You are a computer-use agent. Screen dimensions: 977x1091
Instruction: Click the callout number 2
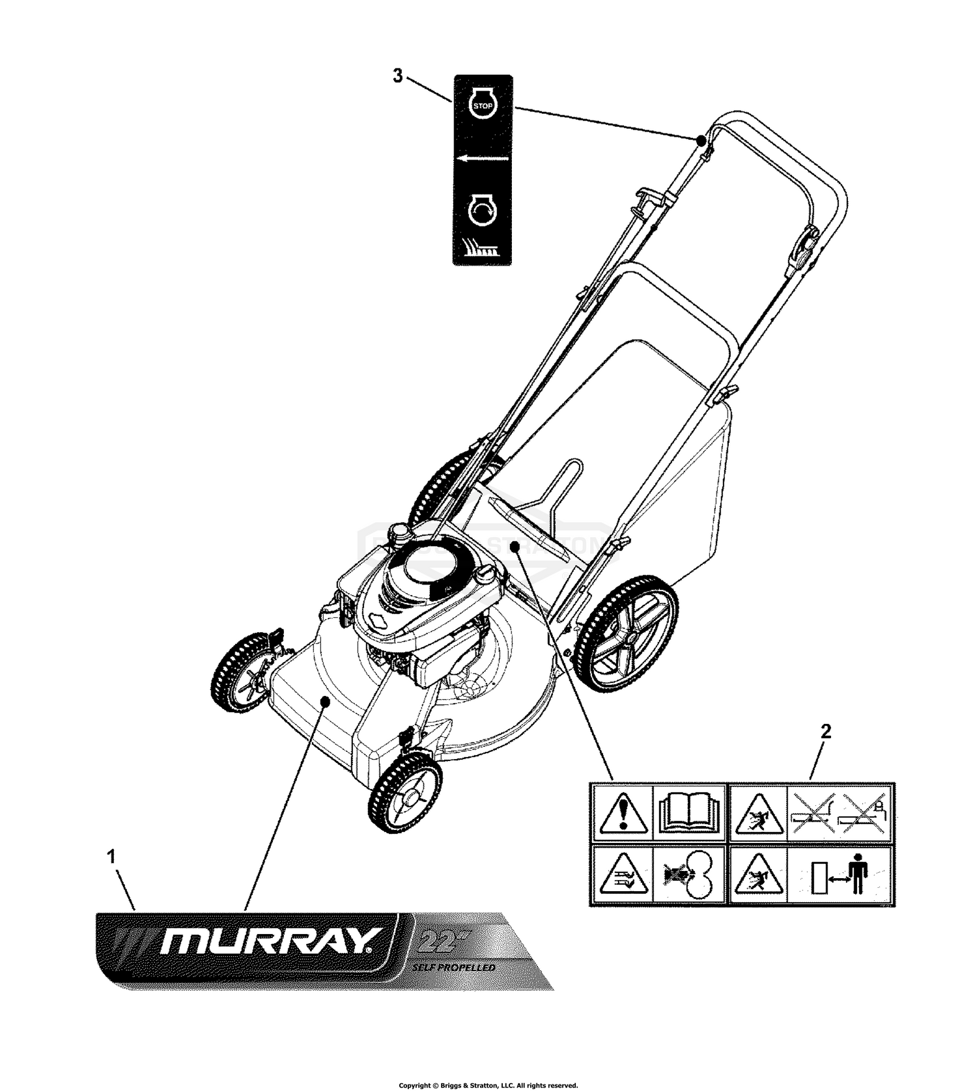[826, 731]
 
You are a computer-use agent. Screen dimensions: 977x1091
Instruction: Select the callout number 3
[397, 76]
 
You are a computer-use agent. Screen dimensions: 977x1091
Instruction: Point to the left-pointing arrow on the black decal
[483, 158]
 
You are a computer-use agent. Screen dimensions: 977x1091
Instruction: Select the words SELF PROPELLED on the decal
[453, 967]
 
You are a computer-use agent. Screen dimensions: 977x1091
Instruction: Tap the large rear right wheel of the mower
[628, 631]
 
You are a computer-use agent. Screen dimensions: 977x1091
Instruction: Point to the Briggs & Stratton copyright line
[488, 1085]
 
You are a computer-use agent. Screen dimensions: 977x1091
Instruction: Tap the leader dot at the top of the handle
[700, 139]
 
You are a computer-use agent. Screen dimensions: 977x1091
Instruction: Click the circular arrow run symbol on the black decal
[483, 211]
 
